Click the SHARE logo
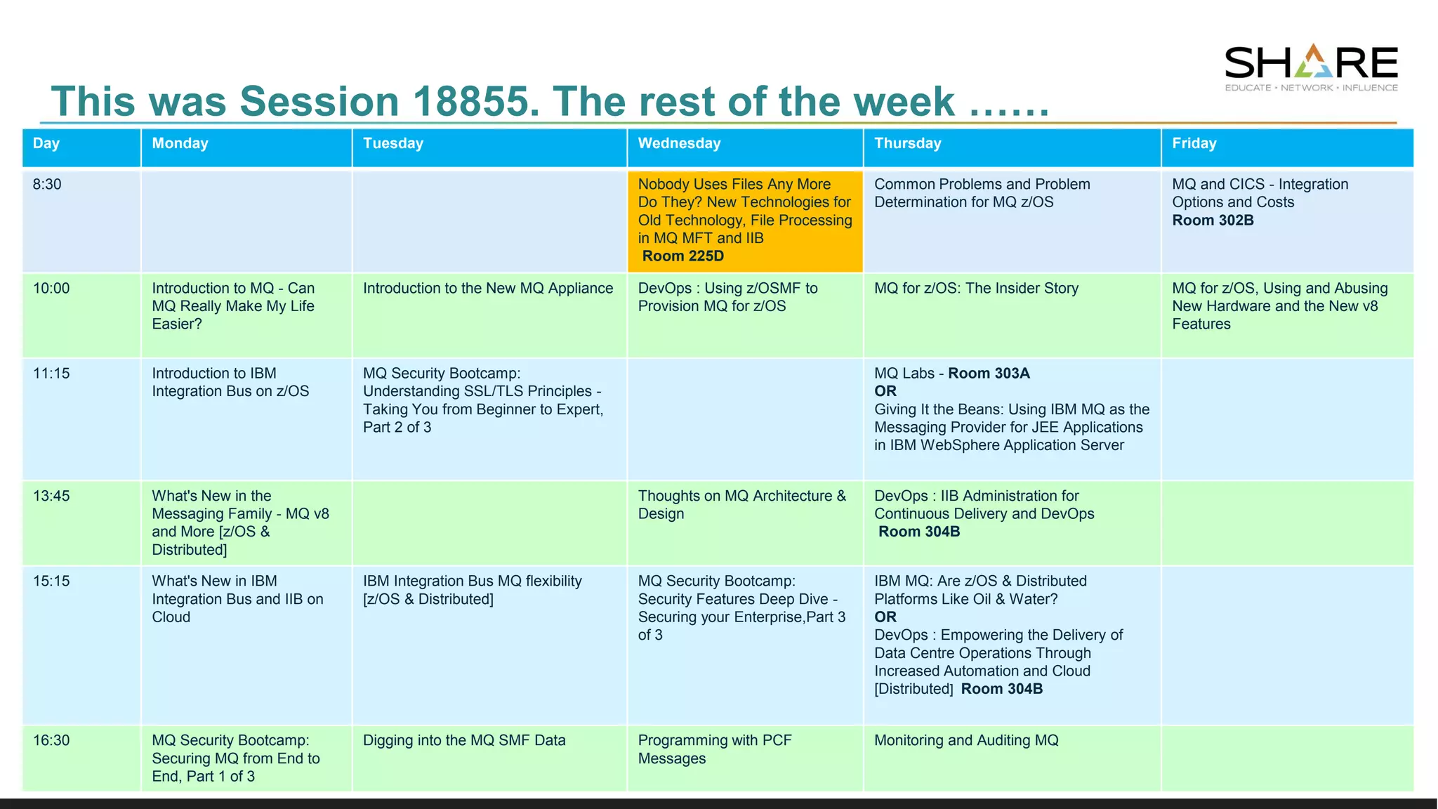(x=1311, y=67)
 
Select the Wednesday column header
(x=679, y=143)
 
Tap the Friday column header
(x=1194, y=143)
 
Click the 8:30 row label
(x=47, y=184)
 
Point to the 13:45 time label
(x=51, y=496)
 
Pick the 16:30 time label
(x=51, y=740)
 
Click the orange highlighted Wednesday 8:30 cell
(x=744, y=220)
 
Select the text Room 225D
(x=682, y=256)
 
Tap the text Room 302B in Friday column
(x=1213, y=221)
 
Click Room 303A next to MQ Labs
(x=989, y=374)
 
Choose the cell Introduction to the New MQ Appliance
(x=488, y=289)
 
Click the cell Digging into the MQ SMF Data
(x=464, y=740)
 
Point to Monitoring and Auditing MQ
(x=966, y=740)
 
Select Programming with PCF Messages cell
(x=714, y=749)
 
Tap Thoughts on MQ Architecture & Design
(x=741, y=505)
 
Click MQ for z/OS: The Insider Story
(x=976, y=289)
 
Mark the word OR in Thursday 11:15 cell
(x=885, y=391)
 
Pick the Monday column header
(x=180, y=143)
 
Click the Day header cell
(x=46, y=143)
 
